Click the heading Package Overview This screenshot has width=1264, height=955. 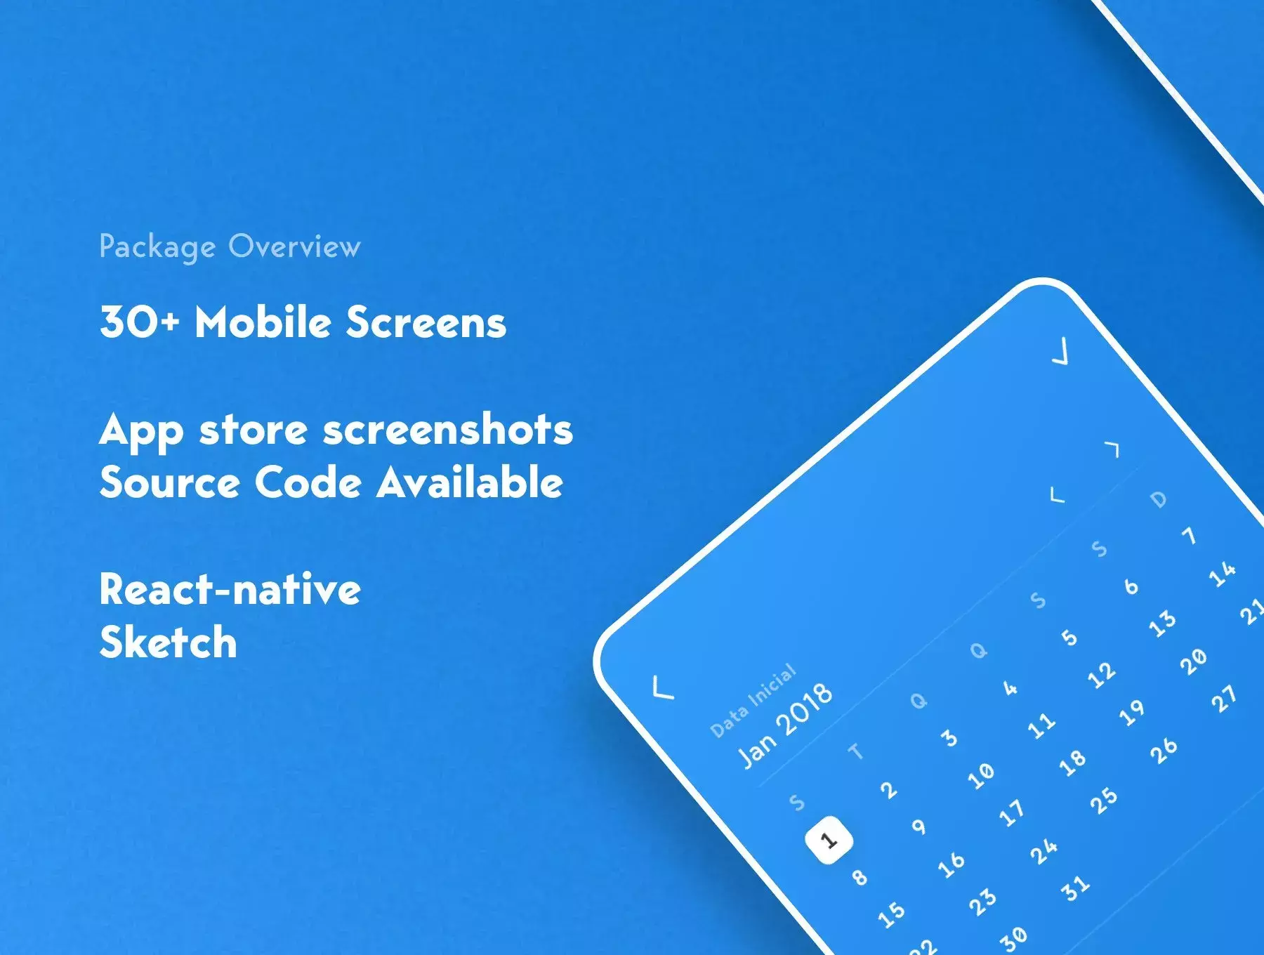(x=230, y=247)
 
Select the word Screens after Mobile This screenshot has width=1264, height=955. (x=426, y=322)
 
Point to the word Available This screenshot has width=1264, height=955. (x=470, y=482)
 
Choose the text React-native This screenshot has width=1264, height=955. (x=230, y=589)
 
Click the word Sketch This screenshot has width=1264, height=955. (x=169, y=642)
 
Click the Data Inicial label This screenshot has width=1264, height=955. (x=753, y=701)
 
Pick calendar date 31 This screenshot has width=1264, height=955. (x=1075, y=888)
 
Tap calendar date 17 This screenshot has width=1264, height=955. (x=1012, y=812)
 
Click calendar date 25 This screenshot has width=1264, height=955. (x=1103, y=799)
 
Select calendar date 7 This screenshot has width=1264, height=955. (x=1189, y=536)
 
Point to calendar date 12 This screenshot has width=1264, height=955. (x=1101, y=674)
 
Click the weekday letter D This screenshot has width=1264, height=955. (x=1159, y=499)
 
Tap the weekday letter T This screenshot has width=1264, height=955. (x=855, y=751)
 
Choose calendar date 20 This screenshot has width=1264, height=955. (x=1193, y=661)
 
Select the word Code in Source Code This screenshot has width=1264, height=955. (x=308, y=482)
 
